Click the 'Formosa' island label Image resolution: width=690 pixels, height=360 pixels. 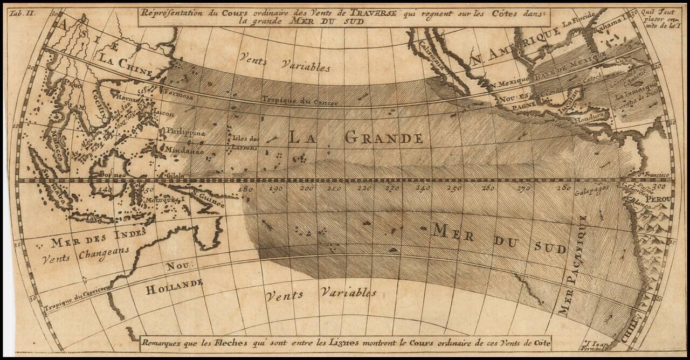[180, 95]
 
